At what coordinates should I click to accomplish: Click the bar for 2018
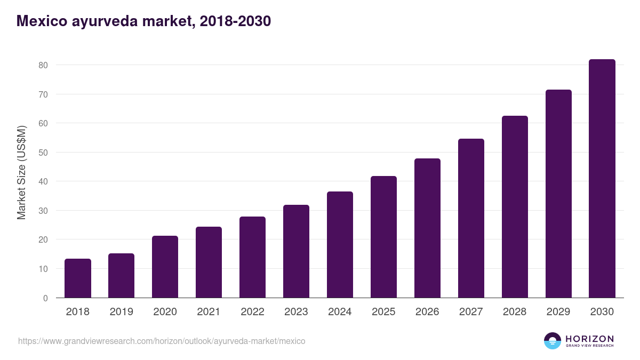pyautogui.click(x=78, y=278)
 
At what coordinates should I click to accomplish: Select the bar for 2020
pyautogui.click(x=165, y=267)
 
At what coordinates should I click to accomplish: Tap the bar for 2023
pyautogui.click(x=296, y=251)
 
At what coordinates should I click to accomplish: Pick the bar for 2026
pyautogui.click(x=427, y=228)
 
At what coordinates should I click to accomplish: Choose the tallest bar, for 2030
pyautogui.click(x=602, y=179)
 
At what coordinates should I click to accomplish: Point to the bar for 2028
pyautogui.click(x=515, y=207)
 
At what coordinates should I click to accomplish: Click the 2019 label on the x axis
pyautogui.click(x=122, y=312)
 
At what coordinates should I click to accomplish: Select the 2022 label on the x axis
pyautogui.click(x=252, y=312)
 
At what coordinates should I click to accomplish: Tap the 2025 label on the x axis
pyautogui.click(x=383, y=312)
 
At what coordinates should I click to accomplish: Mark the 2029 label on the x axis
pyautogui.click(x=558, y=312)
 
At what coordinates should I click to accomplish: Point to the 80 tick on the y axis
pyautogui.click(x=43, y=65)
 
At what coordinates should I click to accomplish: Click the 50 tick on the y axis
pyautogui.click(x=43, y=153)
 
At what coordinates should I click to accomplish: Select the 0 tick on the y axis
pyautogui.click(x=45, y=298)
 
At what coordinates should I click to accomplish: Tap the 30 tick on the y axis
pyautogui.click(x=43, y=211)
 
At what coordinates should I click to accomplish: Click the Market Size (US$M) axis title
pyautogui.click(x=21, y=173)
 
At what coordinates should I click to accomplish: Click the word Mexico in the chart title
pyautogui.click(x=42, y=21)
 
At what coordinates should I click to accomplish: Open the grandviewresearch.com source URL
pyautogui.click(x=162, y=341)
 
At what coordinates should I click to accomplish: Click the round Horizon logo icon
pyautogui.click(x=553, y=341)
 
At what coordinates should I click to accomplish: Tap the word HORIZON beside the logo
pyautogui.click(x=589, y=338)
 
